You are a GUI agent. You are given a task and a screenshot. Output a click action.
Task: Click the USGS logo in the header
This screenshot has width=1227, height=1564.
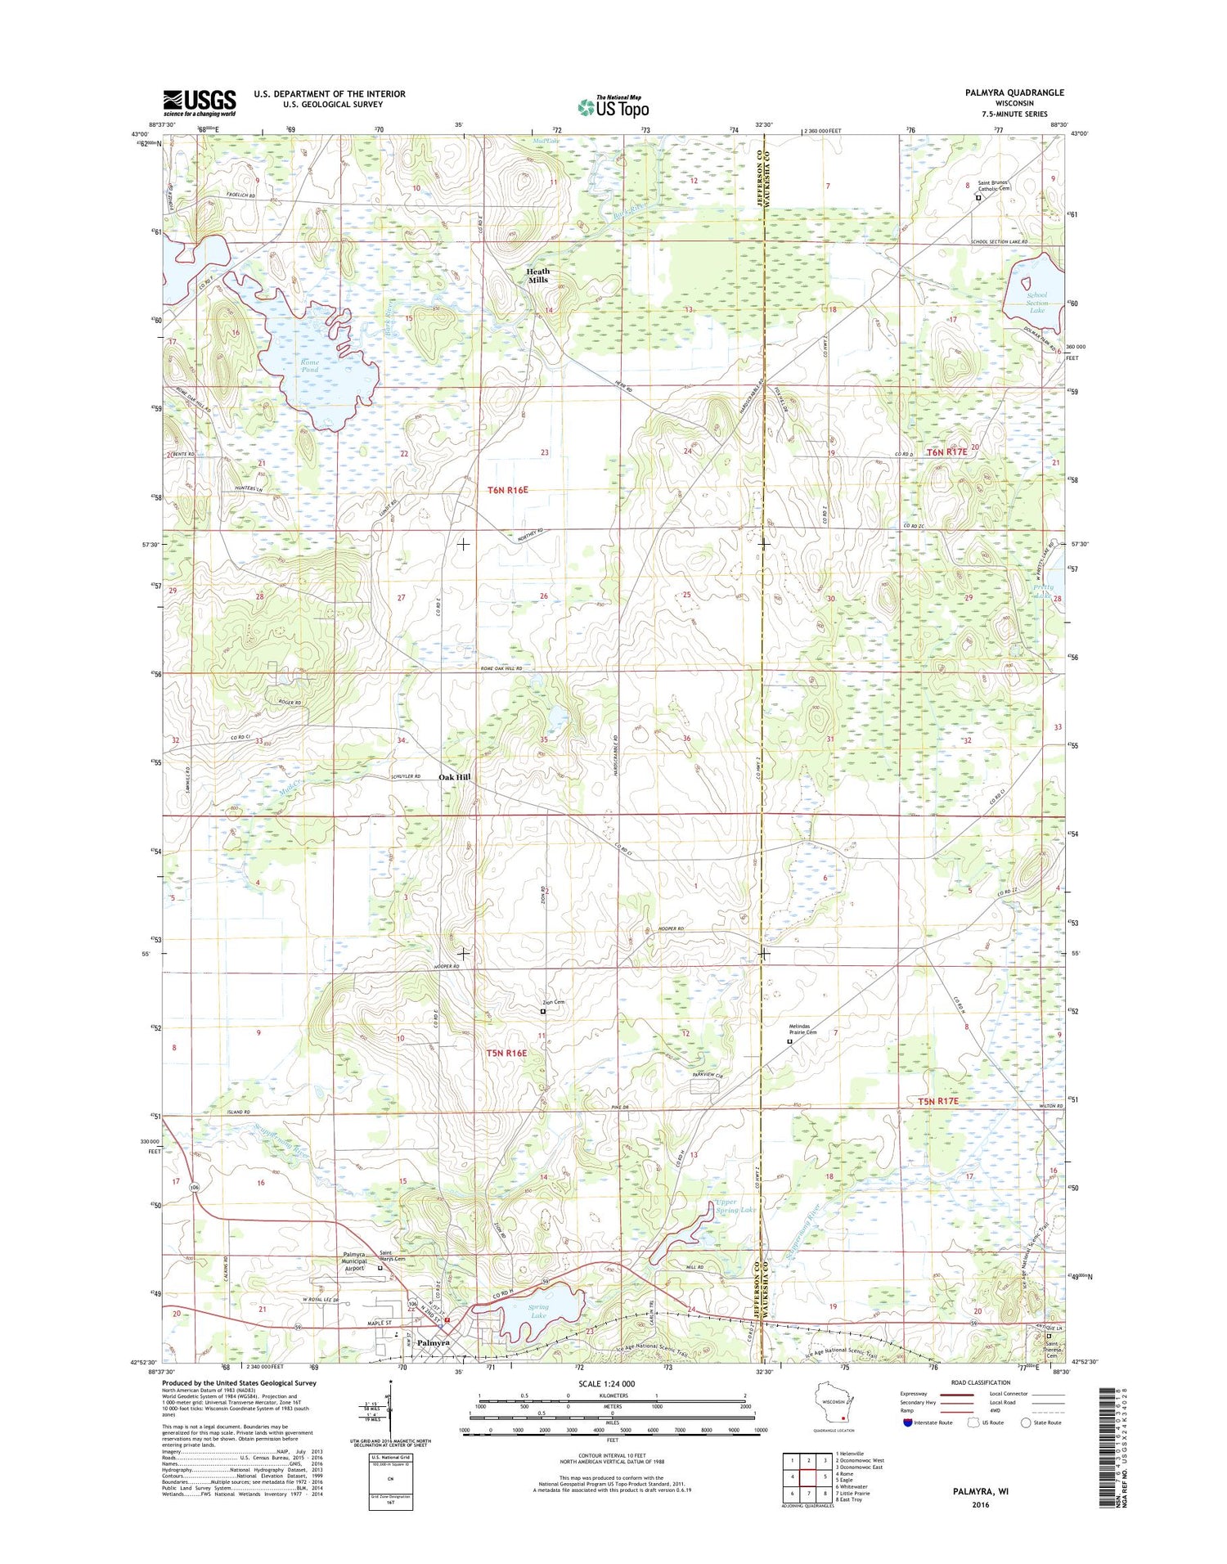199,102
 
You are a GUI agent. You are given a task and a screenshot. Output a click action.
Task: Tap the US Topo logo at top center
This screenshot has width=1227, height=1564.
613,106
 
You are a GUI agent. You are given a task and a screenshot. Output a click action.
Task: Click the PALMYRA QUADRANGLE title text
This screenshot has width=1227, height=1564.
1014,92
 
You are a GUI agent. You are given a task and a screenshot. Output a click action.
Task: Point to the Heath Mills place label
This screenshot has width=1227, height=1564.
537,276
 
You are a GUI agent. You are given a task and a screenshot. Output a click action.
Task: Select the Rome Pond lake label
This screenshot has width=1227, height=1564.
309,366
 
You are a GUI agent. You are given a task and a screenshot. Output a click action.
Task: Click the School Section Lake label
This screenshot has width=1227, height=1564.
1036,303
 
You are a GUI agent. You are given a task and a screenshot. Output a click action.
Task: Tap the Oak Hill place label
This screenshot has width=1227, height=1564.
454,777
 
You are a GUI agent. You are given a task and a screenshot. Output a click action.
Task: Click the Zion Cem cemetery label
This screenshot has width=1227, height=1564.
554,1002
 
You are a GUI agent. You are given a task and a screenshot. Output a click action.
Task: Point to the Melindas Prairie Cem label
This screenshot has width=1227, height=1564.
802,1029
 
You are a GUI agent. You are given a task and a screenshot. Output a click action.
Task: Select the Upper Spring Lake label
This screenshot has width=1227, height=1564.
736,1206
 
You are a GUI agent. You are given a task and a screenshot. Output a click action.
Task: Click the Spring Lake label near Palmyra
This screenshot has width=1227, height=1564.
537,1334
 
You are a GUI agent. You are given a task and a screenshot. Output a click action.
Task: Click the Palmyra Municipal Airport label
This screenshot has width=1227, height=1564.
359,1263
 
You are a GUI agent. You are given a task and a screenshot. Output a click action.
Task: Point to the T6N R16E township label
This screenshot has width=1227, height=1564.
507,490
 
